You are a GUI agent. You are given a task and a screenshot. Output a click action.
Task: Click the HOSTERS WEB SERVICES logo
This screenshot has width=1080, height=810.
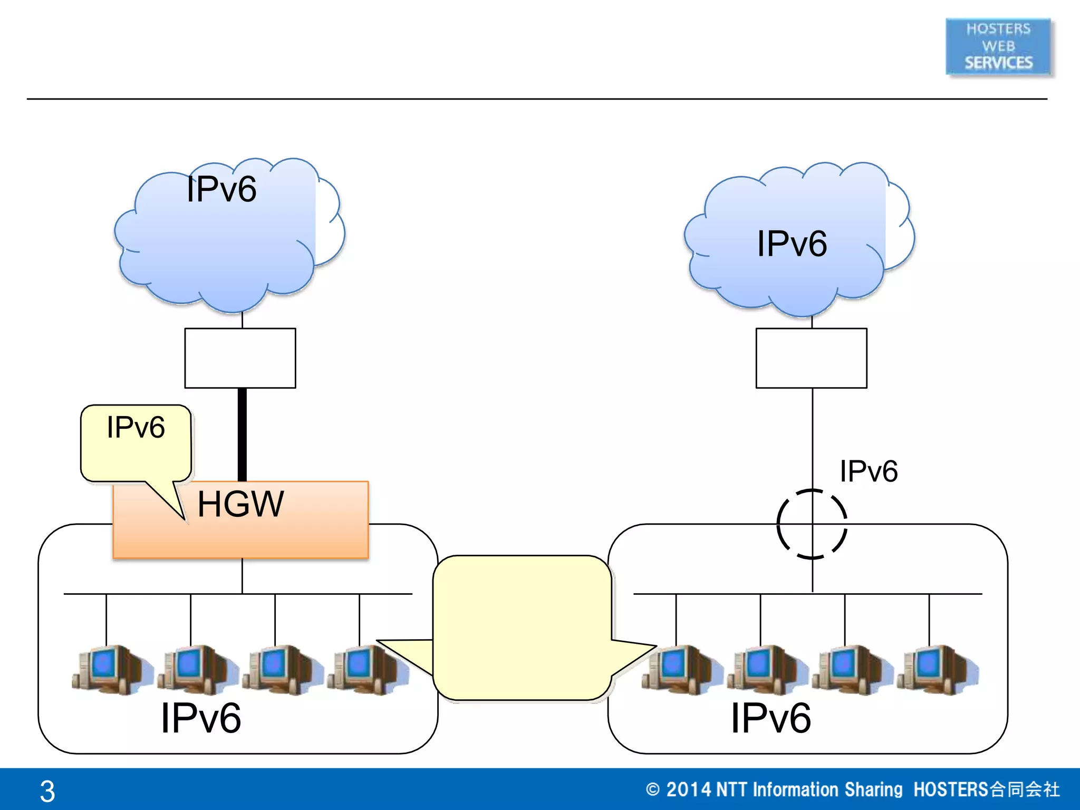(998, 46)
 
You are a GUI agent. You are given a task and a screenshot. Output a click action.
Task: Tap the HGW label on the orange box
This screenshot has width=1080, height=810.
(240, 504)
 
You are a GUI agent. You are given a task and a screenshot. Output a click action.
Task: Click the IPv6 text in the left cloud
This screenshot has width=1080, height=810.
(221, 189)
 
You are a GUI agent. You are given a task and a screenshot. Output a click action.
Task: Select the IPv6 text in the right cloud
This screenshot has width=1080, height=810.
(792, 244)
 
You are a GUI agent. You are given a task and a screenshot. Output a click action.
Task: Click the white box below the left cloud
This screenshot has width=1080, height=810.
(240, 358)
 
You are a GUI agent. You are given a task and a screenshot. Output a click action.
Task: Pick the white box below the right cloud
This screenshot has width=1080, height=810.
(811, 358)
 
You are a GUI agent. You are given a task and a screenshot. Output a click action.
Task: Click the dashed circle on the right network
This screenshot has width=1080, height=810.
(812, 524)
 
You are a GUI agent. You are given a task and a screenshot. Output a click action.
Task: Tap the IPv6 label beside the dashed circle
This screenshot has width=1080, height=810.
(869, 471)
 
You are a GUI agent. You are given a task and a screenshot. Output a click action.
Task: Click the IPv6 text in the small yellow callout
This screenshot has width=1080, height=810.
(136, 427)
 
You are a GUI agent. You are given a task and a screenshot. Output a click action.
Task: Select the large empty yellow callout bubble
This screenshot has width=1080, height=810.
(522, 628)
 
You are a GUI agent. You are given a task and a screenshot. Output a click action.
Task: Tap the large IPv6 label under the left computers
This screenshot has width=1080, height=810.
(201, 718)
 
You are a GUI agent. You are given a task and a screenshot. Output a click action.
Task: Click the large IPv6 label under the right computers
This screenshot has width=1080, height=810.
(770, 718)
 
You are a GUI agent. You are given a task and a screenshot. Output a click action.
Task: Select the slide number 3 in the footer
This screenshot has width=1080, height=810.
(47, 791)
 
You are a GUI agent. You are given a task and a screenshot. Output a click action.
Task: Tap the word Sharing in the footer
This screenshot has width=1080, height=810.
(873, 789)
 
